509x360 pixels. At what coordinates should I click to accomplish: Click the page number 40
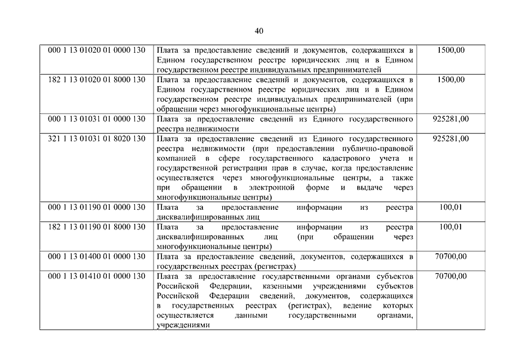[x=259, y=30]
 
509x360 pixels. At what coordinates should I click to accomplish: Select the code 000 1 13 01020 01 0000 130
[x=97, y=50]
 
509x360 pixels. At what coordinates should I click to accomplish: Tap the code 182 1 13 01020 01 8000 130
[x=97, y=79]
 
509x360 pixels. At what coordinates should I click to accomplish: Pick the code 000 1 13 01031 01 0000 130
[x=97, y=119]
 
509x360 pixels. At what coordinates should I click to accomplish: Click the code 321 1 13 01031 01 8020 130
[x=97, y=138]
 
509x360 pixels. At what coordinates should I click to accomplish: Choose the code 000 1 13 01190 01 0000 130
[x=97, y=208]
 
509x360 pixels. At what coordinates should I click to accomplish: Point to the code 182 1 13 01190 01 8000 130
[x=97, y=227]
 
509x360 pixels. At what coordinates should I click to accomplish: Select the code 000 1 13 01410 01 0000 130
[x=97, y=276]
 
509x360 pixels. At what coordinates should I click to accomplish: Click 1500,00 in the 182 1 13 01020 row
[x=451, y=79]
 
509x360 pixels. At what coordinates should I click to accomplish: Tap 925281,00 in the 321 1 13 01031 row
[x=451, y=138]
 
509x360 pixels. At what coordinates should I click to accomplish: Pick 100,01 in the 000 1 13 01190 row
[x=451, y=208]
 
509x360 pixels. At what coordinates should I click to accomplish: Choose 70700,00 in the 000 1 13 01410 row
[x=451, y=276]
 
